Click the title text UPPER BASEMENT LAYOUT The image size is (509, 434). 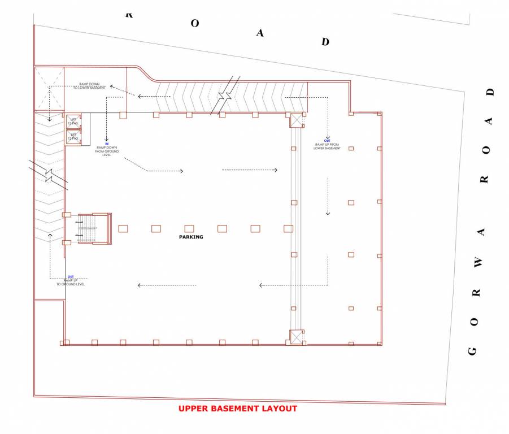click(238, 409)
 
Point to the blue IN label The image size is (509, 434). click(106, 144)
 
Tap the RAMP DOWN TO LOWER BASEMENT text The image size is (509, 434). click(89, 86)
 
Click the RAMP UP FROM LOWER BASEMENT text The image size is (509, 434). click(328, 146)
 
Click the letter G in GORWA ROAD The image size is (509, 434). click(473, 350)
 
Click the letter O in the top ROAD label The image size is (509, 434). click(194, 24)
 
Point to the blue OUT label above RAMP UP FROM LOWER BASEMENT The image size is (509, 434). click(327, 141)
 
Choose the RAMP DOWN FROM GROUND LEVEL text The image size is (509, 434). click(107, 151)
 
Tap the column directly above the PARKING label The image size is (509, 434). click(189, 228)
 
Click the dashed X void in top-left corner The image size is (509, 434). click(49, 89)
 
